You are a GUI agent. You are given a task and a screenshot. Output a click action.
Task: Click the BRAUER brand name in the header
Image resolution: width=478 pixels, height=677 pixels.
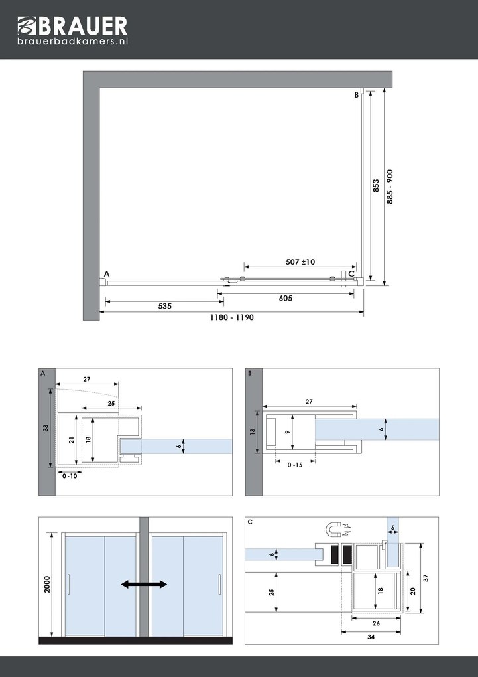point(84,27)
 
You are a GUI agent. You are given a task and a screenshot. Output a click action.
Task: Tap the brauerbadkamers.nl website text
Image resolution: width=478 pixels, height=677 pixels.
point(72,42)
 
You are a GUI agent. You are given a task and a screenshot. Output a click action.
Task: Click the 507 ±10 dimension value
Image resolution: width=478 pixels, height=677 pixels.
point(300,262)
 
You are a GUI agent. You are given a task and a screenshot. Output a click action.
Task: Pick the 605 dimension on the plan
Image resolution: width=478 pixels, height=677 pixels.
point(286,299)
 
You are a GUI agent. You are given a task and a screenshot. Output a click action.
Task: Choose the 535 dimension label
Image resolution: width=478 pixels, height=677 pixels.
point(165,307)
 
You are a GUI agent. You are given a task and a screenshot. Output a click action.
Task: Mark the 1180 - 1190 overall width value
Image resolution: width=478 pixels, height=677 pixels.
point(232,317)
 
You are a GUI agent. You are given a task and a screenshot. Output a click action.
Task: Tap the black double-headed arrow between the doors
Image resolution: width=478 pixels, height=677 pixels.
point(144,584)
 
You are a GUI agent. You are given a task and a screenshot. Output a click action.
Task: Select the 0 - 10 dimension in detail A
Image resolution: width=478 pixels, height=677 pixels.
point(68,476)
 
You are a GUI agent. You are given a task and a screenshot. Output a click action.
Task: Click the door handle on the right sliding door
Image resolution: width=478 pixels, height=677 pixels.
point(219,585)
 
